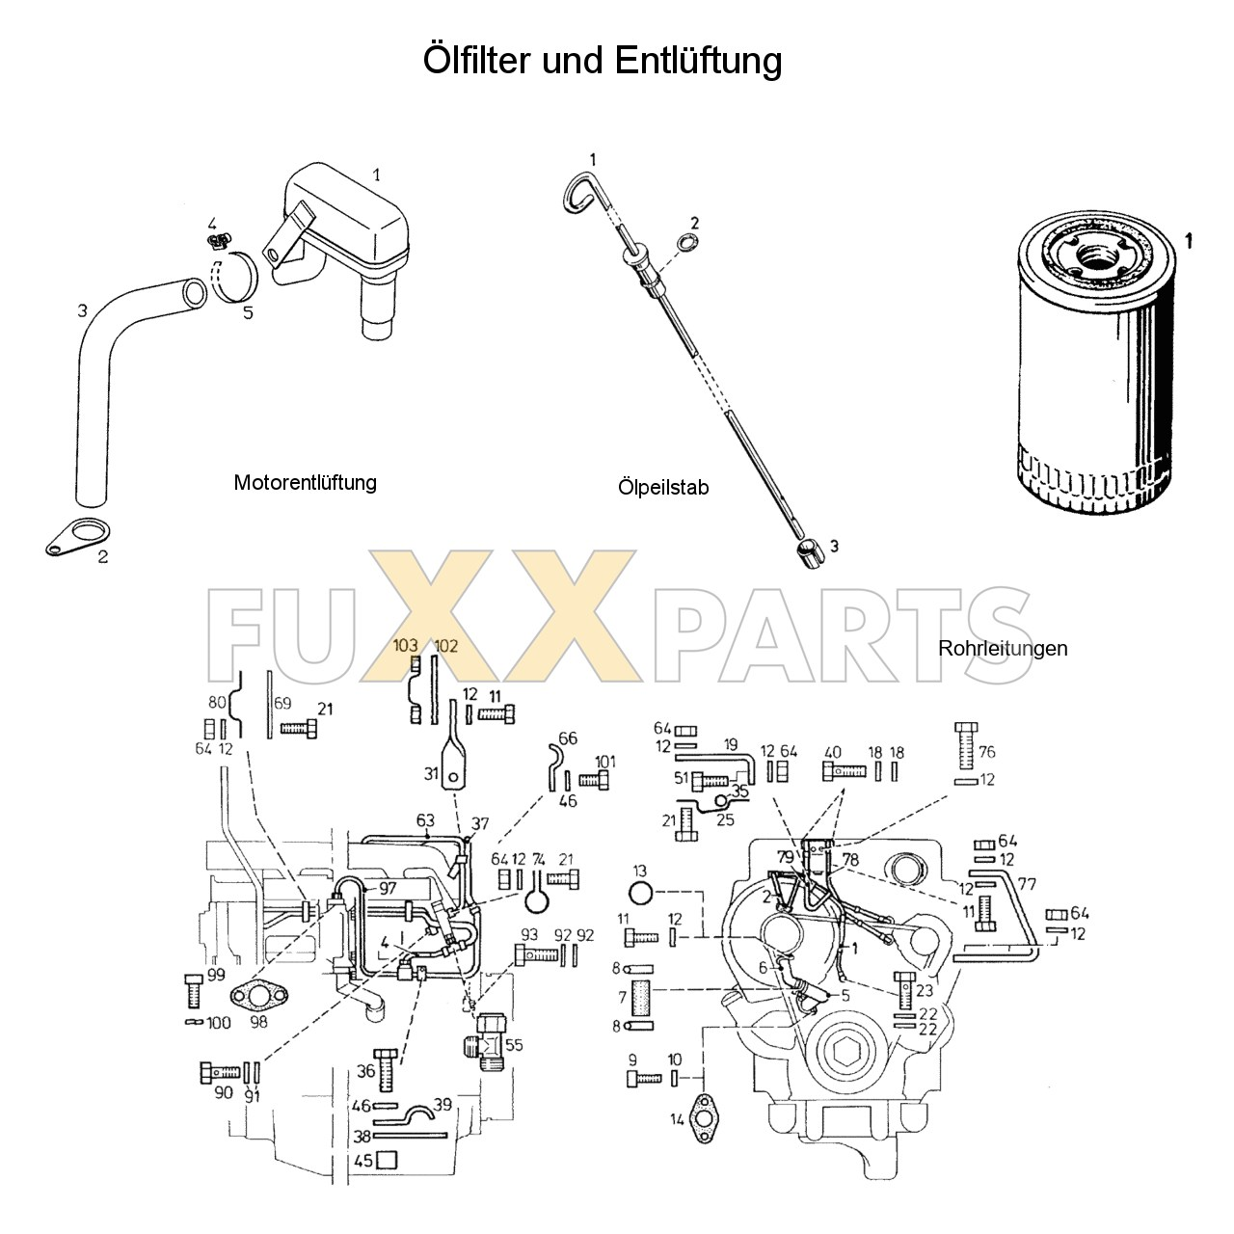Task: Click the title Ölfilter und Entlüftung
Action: pos(603,61)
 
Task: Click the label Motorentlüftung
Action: pos(305,482)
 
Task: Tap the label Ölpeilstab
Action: pos(663,488)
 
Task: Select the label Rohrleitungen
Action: pos(1003,648)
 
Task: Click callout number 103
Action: pos(405,646)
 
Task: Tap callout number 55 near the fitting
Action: pos(514,1045)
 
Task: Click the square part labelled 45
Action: pos(387,1161)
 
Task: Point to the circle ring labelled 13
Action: pos(640,891)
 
